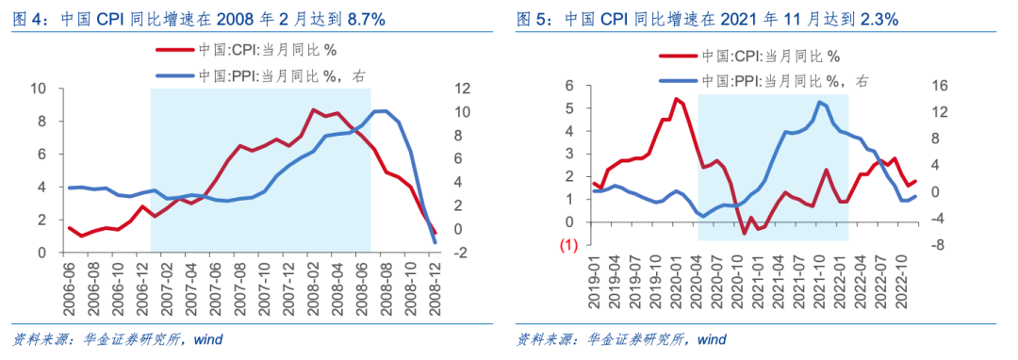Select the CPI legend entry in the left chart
point(245,51)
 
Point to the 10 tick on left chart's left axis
point(39,89)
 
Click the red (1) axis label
point(569,245)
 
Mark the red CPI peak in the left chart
point(314,109)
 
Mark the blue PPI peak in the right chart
point(819,102)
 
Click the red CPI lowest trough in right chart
point(744,233)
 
